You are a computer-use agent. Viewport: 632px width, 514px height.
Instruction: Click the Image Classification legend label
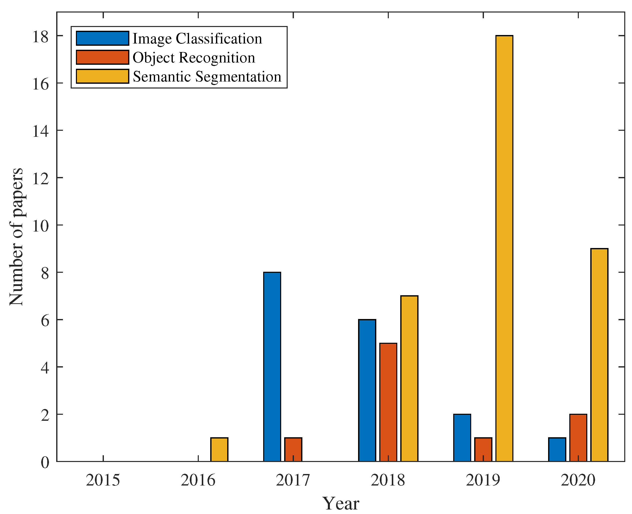tap(197, 38)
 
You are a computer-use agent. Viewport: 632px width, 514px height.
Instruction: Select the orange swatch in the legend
tap(102, 57)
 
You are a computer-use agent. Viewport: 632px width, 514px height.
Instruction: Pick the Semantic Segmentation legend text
tap(207, 76)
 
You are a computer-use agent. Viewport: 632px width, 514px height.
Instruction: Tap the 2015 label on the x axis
tap(103, 480)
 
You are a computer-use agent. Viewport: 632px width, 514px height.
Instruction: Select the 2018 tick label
tap(388, 480)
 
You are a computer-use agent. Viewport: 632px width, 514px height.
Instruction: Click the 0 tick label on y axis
tap(45, 462)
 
